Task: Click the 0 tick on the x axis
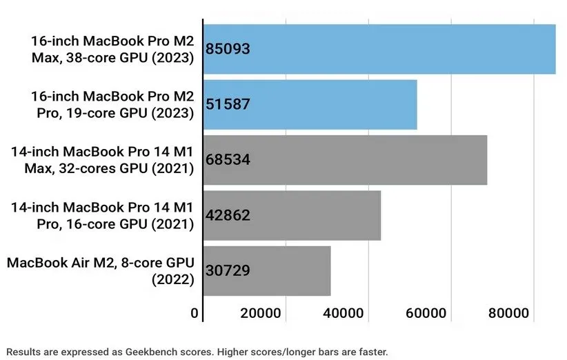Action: [x=195, y=314]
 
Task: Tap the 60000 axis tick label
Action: [x=424, y=314]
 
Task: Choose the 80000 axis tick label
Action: [x=507, y=314]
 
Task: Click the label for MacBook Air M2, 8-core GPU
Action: [x=100, y=270]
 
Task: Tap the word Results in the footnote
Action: [x=23, y=352]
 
